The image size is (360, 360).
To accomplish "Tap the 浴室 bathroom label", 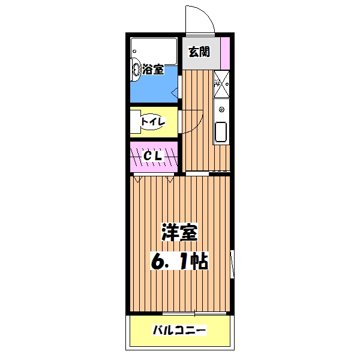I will click(x=153, y=70).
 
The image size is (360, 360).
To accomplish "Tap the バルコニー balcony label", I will click(x=179, y=330).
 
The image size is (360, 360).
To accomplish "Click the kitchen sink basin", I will click(x=221, y=132).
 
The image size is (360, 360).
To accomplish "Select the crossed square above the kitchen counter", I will click(x=221, y=83).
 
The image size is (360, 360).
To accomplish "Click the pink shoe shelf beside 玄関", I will click(x=224, y=52).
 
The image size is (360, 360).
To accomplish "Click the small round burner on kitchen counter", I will click(x=221, y=110).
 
